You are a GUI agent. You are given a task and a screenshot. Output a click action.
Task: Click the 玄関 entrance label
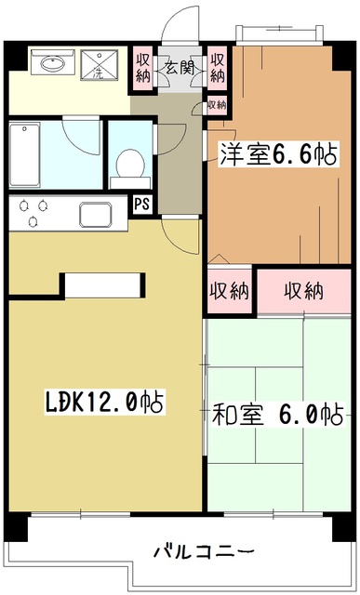click(x=180, y=67)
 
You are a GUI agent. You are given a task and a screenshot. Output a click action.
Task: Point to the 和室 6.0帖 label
click(x=277, y=413)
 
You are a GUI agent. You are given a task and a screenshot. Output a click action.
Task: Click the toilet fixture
click(x=128, y=165)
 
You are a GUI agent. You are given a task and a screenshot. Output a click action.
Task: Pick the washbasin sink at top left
click(x=52, y=65)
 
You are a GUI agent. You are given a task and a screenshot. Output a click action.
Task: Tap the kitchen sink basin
click(x=96, y=215)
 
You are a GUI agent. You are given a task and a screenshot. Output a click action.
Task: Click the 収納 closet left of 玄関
click(x=142, y=68)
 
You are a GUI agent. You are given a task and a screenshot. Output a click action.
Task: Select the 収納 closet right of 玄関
click(x=218, y=68)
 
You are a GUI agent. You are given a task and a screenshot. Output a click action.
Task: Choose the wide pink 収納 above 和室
click(x=303, y=291)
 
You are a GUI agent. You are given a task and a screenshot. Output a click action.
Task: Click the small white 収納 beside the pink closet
click(x=230, y=291)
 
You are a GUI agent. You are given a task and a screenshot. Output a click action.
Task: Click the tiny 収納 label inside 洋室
click(x=216, y=104)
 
